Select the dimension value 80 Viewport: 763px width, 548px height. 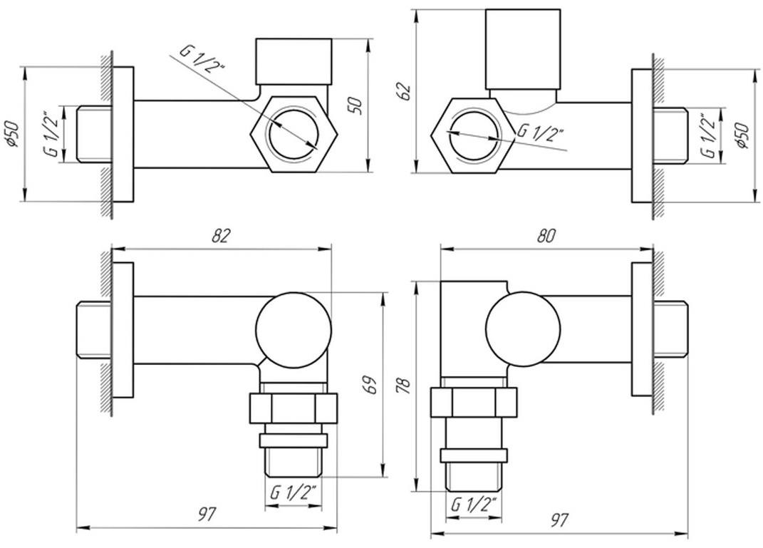coord(546,236)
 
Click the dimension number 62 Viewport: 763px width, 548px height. coord(405,91)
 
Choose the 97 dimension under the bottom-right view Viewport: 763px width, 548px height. coord(559,519)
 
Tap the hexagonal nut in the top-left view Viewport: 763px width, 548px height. coord(293,133)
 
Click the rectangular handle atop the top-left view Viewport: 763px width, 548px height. coord(294,60)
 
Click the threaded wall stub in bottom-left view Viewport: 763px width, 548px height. coord(93,330)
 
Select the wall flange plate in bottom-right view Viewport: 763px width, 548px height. coord(641,329)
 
